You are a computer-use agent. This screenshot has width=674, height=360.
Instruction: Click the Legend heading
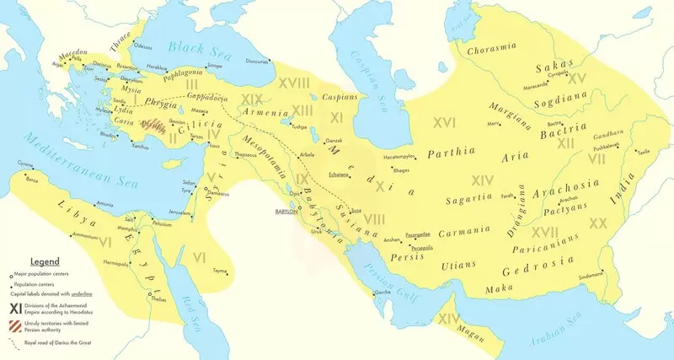click(45, 263)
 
